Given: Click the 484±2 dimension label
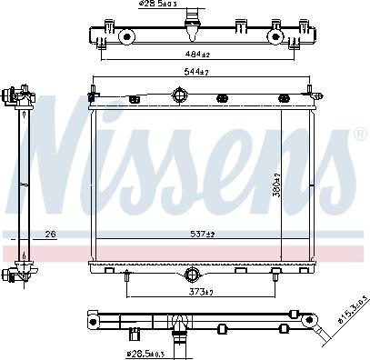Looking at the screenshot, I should (x=195, y=55).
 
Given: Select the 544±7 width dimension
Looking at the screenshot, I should (x=195, y=74).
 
